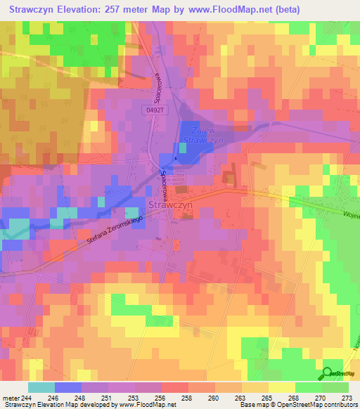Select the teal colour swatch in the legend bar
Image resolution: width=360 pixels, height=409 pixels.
[41, 387]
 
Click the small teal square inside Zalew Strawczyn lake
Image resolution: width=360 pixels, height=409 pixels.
[175, 148]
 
